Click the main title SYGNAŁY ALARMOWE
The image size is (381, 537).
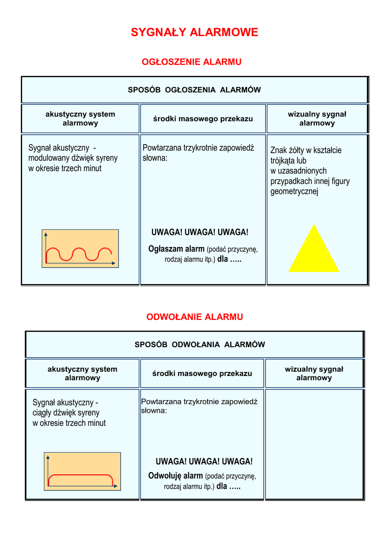(194, 33)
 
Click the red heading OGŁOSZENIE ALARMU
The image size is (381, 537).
(192, 62)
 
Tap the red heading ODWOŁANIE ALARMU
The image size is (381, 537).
(194, 317)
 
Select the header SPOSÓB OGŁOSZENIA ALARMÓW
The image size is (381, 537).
(194, 90)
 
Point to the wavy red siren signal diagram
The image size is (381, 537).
(80, 249)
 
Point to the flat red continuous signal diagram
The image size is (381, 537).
(82, 471)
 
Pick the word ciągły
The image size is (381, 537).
(44, 413)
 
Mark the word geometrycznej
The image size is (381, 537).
(294, 191)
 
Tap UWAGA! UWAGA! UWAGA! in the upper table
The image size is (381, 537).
(200, 232)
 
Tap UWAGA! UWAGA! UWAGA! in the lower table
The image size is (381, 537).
(204, 461)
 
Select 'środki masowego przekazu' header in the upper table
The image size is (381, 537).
(203, 119)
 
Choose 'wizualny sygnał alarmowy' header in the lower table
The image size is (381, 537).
(314, 373)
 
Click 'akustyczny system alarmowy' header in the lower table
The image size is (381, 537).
(83, 373)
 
